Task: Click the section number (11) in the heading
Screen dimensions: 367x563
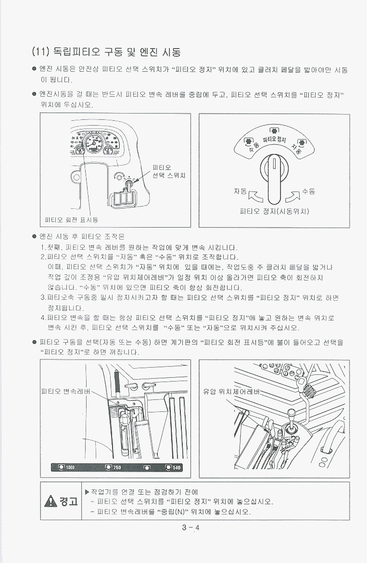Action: (40, 52)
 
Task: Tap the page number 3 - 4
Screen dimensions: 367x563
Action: (190, 528)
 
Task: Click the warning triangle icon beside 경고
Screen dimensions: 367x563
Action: (51, 501)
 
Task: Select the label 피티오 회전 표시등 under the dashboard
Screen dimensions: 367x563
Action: (71, 220)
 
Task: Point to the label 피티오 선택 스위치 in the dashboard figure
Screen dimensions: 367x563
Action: (169, 172)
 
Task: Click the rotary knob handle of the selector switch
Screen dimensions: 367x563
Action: (275, 179)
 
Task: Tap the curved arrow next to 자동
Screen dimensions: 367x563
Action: (255, 196)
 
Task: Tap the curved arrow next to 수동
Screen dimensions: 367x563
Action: (292, 196)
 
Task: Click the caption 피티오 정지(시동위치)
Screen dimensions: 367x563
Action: (275, 211)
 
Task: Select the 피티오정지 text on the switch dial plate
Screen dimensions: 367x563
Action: (275, 139)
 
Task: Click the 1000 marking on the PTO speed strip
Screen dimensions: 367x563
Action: (70, 468)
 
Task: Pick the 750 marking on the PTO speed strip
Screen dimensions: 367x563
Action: (117, 468)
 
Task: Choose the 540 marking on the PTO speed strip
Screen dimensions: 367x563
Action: (177, 468)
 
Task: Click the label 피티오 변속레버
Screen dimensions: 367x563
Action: (66, 391)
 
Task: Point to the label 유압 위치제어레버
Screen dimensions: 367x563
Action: (231, 391)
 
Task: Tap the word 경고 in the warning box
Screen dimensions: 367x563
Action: (68, 501)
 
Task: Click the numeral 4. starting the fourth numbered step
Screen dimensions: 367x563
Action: (44, 318)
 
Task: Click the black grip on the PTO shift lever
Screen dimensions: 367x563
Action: (116, 384)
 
